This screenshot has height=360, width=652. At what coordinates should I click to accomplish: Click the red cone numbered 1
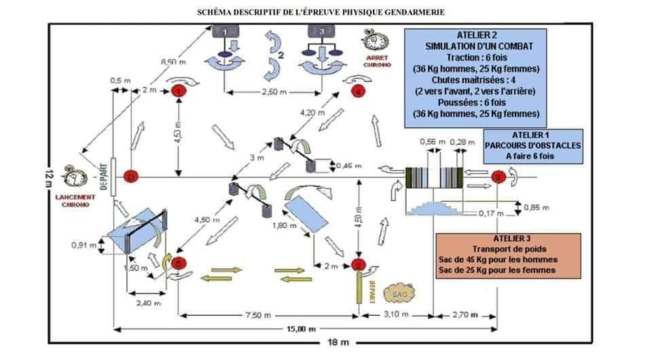tap(179, 90)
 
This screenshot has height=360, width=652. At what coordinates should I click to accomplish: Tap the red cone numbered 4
tap(358, 93)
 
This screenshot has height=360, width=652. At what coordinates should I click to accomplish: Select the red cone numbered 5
tap(178, 263)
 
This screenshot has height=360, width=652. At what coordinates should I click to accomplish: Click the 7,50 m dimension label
tap(269, 316)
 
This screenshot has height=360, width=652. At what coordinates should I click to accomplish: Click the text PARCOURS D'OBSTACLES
tap(534, 145)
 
